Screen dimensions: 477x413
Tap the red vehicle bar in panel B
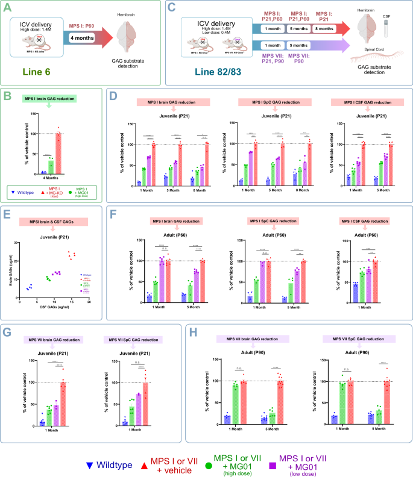(x=58, y=154)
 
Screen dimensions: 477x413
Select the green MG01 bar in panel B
(x=51, y=166)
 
